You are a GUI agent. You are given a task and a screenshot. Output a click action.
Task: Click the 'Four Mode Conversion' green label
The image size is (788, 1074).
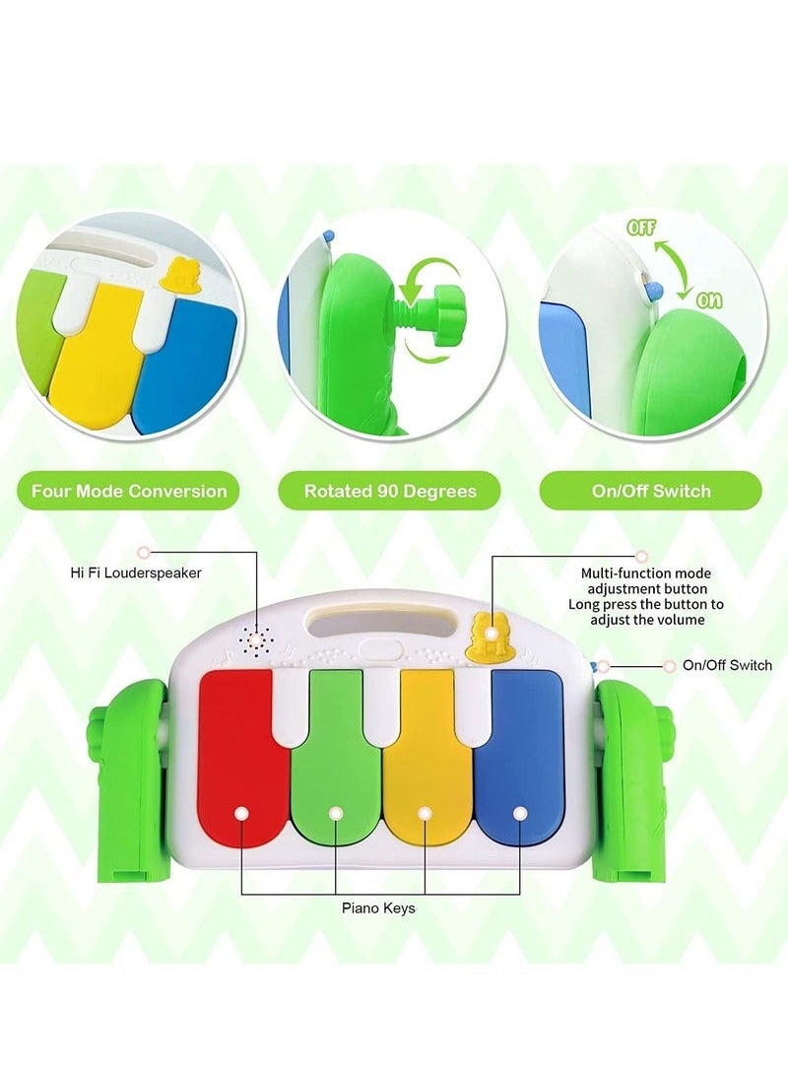[129, 491]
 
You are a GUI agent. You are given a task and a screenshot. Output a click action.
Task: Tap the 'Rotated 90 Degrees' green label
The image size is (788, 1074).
[390, 491]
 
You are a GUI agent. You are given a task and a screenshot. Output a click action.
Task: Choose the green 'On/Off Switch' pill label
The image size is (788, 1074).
[651, 491]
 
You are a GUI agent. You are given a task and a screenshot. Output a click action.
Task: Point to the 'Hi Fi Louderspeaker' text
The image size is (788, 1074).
[136, 572]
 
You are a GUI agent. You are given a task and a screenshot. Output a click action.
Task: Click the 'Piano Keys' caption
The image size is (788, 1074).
[378, 908]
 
